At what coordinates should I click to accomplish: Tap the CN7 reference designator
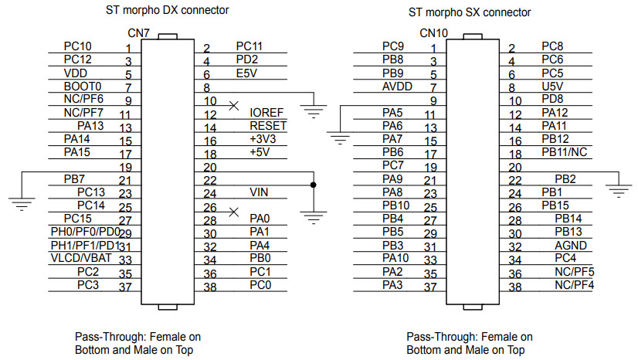point(139,33)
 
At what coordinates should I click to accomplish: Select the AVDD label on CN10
point(397,86)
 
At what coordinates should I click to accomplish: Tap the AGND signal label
point(570,244)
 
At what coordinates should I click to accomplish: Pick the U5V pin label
point(552,86)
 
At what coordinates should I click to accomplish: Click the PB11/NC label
point(565,151)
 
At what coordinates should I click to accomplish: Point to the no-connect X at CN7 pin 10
point(233,104)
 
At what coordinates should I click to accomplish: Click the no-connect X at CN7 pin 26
point(233,211)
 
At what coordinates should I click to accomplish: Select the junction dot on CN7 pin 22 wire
point(313,185)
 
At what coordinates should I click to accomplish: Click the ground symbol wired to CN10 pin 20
point(619,189)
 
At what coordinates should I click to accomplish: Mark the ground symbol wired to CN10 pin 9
point(338,139)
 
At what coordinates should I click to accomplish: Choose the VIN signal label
point(259,192)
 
